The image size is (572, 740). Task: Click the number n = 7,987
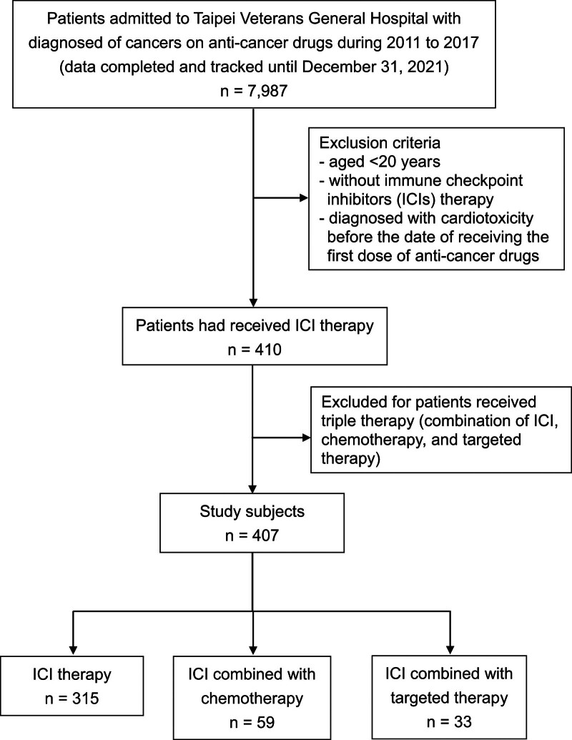[x=254, y=90]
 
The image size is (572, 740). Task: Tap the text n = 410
[x=255, y=350]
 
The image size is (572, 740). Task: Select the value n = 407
[x=252, y=536]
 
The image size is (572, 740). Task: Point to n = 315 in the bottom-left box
[x=71, y=698]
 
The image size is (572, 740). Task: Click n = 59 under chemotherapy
[x=252, y=723]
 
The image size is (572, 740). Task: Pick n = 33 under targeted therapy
[x=449, y=721]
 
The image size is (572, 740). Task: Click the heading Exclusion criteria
[x=380, y=142]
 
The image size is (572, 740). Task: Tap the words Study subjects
[x=252, y=512]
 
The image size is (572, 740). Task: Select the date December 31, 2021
[x=375, y=67]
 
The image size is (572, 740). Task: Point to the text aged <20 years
[x=385, y=162]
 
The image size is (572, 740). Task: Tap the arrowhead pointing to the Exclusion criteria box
[x=304, y=198]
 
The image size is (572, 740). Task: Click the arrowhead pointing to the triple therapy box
[x=306, y=438]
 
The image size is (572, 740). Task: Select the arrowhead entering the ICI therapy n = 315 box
[x=73, y=651]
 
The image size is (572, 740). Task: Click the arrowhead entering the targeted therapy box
[x=450, y=650]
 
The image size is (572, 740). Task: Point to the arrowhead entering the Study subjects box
[x=253, y=488]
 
